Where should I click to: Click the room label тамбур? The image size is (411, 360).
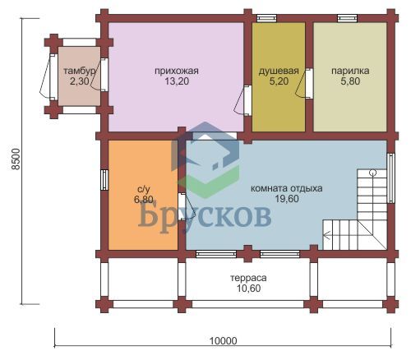tap(80, 71)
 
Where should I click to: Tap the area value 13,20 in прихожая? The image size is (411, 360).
tap(177, 81)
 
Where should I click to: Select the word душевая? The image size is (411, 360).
tap(279, 72)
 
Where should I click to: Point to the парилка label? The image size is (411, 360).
tap(350, 71)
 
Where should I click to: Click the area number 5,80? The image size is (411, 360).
tap(350, 81)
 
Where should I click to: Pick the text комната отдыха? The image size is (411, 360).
tap(287, 188)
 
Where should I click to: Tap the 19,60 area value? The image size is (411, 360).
tap(287, 199)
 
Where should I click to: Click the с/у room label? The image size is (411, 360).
tap(143, 189)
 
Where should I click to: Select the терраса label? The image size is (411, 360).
tap(248, 278)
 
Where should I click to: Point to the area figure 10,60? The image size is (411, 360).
tap(248, 288)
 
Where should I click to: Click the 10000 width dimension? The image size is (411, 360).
tap(224, 341)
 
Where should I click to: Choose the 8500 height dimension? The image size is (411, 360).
tap(16, 159)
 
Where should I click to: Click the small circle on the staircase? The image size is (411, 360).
tap(372, 173)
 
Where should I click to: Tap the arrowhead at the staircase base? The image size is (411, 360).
tap(326, 235)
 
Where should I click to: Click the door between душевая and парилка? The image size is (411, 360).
tap(305, 83)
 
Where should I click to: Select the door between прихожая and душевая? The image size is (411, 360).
tap(242, 99)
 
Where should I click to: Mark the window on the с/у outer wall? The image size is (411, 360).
tap(105, 180)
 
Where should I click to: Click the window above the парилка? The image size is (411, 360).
tap(347, 18)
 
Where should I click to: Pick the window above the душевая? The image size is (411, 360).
tap(267, 18)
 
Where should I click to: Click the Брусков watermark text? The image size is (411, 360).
tap(205, 216)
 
